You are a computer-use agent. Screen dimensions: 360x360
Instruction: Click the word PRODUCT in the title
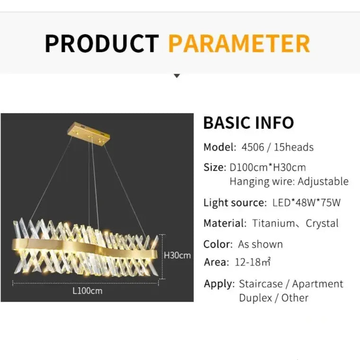(x=102, y=43)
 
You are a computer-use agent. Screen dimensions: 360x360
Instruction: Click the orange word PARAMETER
(x=239, y=43)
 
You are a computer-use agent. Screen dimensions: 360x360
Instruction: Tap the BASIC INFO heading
(x=248, y=123)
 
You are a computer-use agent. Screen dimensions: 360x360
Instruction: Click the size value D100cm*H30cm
(x=268, y=167)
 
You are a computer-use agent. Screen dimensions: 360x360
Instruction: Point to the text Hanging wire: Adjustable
(x=289, y=182)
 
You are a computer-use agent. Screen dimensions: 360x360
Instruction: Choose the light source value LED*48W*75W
(x=307, y=203)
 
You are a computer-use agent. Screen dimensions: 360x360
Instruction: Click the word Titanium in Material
(x=273, y=223)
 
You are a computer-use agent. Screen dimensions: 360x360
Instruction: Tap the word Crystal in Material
(x=322, y=223)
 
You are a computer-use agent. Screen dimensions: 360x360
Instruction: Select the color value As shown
(x=260, y=245)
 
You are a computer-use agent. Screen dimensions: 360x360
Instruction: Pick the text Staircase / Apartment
(x=291, y=284)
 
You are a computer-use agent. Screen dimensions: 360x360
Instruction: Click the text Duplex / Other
(x=273, y=298)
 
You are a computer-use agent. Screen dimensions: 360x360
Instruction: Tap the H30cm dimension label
(x=177, y=255)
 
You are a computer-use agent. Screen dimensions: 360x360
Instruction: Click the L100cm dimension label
(x=87, y=291)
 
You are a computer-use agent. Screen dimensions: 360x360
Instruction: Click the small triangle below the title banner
(x=177, y=76)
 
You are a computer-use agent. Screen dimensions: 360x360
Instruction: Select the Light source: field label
(x=235, y=203)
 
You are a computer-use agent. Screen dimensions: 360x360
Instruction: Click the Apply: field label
(x=219, y=284)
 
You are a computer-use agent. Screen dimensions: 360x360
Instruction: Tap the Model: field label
(x=220, y=147)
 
